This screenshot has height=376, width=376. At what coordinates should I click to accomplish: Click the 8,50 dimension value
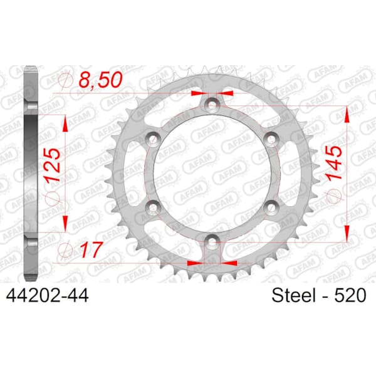tap(100, 80)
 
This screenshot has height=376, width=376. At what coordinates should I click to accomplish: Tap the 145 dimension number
tap(334, 162)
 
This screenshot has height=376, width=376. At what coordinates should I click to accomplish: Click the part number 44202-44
tap(47, 296)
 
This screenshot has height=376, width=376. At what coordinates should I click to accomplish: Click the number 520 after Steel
tap(350, 295)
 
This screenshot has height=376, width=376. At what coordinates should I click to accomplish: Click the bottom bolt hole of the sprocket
tap(212, 243)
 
